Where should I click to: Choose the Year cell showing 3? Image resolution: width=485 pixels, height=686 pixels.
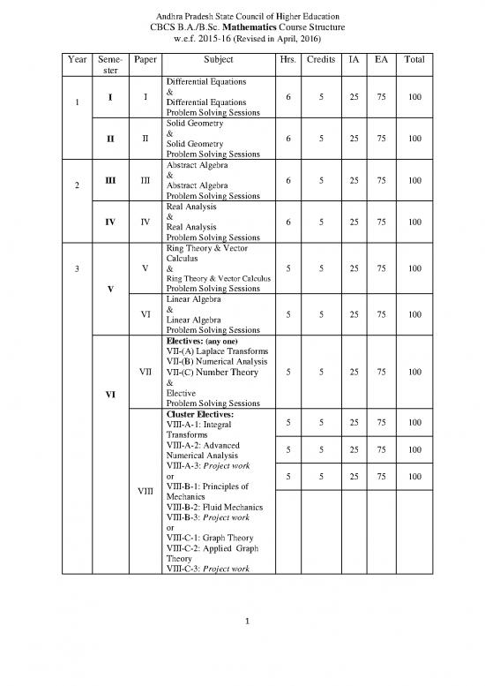tap(78, 268)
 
